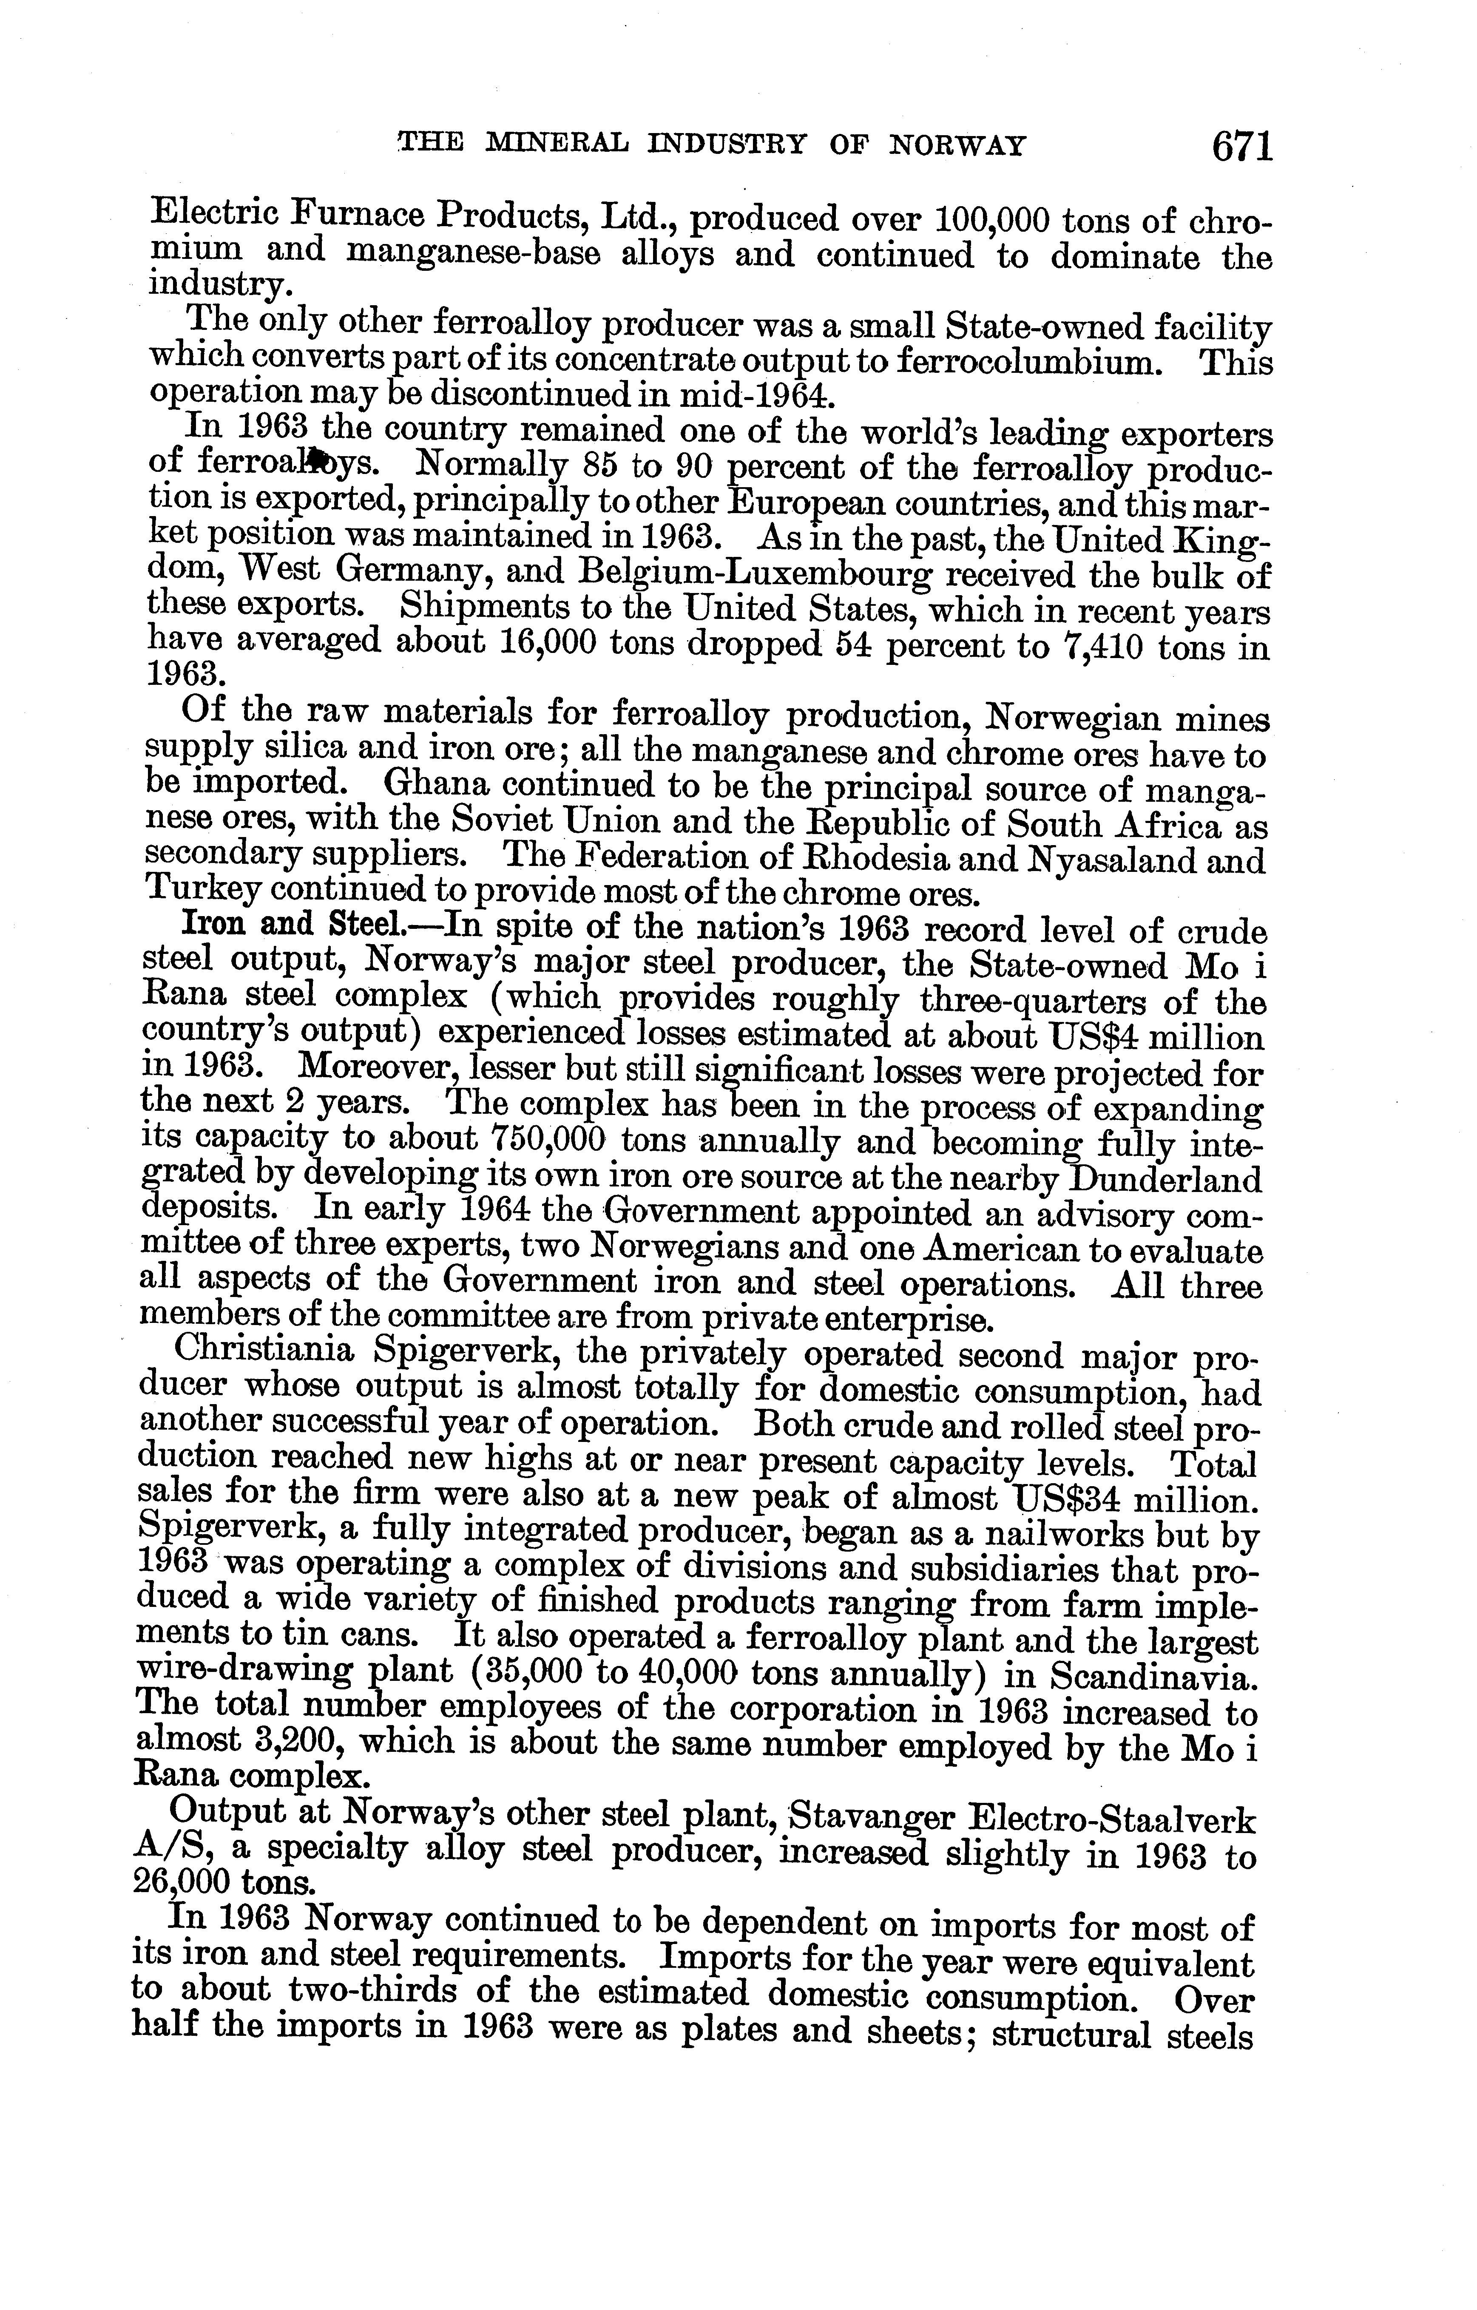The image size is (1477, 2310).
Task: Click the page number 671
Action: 1242,147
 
